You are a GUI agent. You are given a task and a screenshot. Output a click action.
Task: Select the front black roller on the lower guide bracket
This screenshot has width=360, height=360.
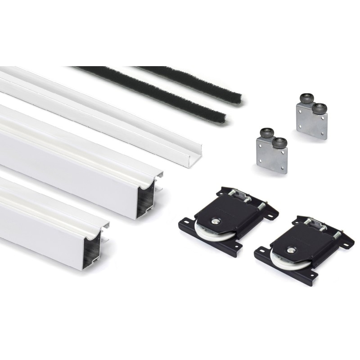click(x=279, y=143)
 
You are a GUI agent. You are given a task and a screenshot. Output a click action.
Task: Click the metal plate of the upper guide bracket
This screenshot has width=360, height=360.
click(x=310, y=121)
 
